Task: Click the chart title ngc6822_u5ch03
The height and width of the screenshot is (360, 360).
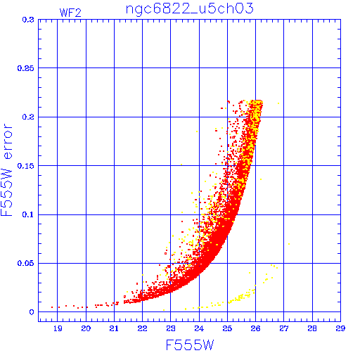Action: click(190, 9)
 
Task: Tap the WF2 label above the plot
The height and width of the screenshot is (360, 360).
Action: click(70, 13)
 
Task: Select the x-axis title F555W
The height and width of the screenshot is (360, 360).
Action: click(190, 345)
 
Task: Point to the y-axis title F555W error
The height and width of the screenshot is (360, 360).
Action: click(6, 169)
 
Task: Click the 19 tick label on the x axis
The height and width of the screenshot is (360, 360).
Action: click(58, 328)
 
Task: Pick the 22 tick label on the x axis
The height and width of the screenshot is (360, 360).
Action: click(142, 328)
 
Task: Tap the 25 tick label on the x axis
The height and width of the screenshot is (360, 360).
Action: click(227, 328)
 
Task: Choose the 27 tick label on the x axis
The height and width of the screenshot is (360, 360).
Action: click(283, 328)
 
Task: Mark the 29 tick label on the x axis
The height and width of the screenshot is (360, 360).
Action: click(340, 328)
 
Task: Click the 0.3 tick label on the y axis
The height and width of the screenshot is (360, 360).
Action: click(28, 20)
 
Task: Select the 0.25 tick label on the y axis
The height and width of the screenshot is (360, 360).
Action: click(26, 68)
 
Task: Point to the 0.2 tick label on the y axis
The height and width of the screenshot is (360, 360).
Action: click(28, 117)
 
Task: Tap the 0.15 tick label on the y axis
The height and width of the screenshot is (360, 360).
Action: click(26, 166)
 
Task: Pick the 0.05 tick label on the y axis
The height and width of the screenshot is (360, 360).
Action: click(26, 263)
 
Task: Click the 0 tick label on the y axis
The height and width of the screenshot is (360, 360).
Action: click(32, 312)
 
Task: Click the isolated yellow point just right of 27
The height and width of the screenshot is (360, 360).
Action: click(289, 244)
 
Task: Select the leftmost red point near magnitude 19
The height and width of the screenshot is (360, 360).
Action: click(52, 307)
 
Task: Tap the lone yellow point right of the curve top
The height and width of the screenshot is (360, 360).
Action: click(278, 103)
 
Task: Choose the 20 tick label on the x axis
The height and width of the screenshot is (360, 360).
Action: click(86, 328)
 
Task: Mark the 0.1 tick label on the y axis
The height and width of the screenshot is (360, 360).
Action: click(28, 214)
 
